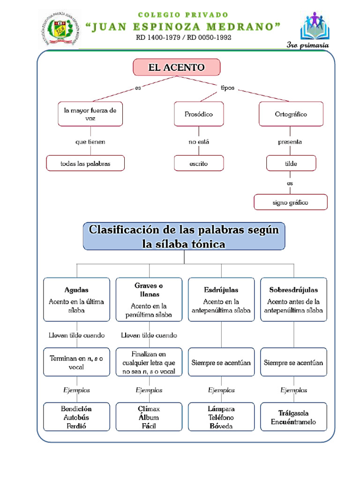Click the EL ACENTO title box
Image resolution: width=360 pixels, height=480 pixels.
176,67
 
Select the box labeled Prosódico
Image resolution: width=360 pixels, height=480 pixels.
199,114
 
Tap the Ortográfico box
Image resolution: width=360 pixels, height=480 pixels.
291,114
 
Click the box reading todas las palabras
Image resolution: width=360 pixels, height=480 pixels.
85,164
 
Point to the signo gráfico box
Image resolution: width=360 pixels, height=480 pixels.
291,203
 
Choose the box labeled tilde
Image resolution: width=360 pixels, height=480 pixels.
291,164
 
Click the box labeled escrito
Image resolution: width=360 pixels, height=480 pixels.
199,164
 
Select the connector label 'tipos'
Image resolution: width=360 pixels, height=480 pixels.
227,88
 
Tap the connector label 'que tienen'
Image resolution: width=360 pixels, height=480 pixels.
90,142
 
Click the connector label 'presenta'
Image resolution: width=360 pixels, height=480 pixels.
290,142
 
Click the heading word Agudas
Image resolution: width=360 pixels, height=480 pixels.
76,290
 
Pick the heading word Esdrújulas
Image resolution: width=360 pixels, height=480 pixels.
221,290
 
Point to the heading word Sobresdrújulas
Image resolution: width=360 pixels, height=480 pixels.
293,290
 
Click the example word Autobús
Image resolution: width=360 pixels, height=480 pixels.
76,417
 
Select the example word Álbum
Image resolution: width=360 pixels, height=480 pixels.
149,417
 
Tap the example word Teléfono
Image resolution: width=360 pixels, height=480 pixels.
221,417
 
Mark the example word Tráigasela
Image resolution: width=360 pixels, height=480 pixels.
293,413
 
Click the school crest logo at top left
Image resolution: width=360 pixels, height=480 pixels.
59,29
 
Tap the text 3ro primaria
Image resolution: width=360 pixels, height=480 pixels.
307,45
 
